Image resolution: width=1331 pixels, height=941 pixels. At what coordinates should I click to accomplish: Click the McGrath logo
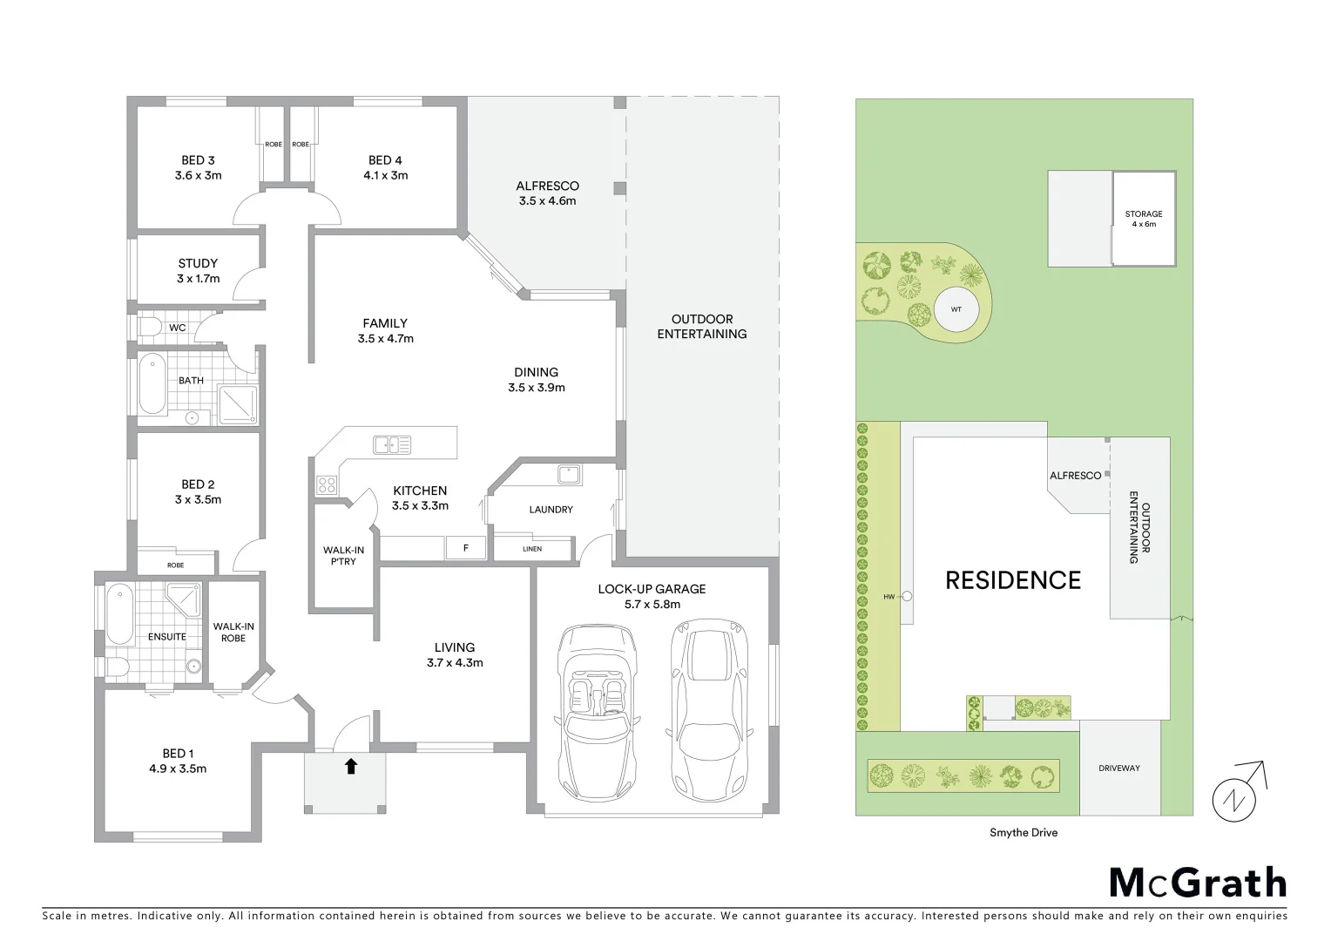coord(1198,883)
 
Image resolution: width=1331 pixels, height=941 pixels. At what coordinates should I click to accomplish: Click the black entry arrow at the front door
coord(351,766)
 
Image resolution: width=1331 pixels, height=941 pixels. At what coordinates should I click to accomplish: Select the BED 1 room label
coord(178,761)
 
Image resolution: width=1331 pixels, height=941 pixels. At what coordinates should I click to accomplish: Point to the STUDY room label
coord(198,271)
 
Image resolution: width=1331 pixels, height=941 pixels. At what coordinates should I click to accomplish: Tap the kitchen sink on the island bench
coord(392,444)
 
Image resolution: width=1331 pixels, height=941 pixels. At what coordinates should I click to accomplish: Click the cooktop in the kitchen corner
coord(327,484)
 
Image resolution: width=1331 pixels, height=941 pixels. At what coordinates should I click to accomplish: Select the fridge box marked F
coord(466,548)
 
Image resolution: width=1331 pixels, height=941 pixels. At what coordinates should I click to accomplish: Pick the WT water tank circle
coord(956,309)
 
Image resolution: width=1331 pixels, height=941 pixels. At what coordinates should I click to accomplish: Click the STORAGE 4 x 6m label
coord(1143,219)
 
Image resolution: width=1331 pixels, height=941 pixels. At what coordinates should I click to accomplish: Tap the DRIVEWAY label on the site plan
coord(1118,768)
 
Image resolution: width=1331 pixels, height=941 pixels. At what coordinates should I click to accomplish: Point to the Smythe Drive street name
coord(1024,832)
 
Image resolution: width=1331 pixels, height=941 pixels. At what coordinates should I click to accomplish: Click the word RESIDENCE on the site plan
coord(1013,580)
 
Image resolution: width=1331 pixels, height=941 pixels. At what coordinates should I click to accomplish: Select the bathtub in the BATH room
coord(152,384)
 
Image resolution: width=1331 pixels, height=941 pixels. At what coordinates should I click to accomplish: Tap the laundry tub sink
coord(570,474)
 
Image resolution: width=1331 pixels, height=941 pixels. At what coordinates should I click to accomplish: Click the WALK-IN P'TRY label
coord(343,555)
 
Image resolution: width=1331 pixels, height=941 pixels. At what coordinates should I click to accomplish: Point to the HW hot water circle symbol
coord(907,597)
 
